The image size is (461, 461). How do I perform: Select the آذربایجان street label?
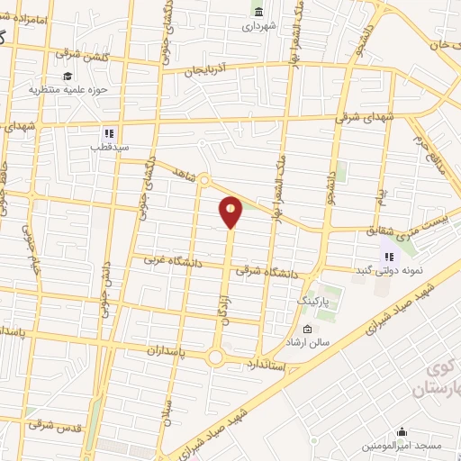[x=209, y=69]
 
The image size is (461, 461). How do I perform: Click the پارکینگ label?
[x=315, y=300]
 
